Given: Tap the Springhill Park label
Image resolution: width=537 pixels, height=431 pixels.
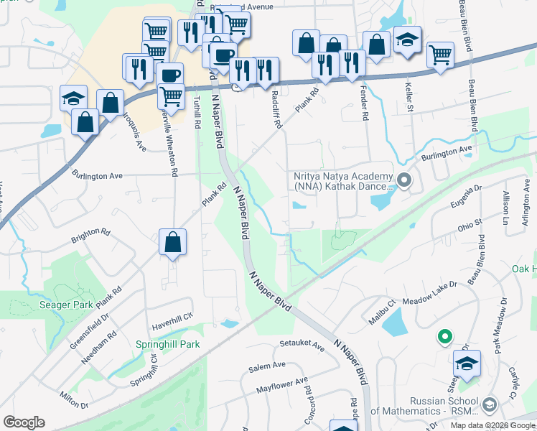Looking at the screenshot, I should (168, 344).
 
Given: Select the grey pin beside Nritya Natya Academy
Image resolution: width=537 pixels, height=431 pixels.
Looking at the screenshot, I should (404, 180).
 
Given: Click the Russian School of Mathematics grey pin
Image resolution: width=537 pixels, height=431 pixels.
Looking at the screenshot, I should (490, 406).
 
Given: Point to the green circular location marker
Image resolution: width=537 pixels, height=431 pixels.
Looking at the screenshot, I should (444, 335).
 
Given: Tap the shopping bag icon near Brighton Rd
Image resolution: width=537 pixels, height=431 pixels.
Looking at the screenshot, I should (173, 243).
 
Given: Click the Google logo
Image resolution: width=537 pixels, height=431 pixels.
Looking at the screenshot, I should (24, 422).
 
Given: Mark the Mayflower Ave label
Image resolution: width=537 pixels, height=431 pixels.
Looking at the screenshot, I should (282, 386).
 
